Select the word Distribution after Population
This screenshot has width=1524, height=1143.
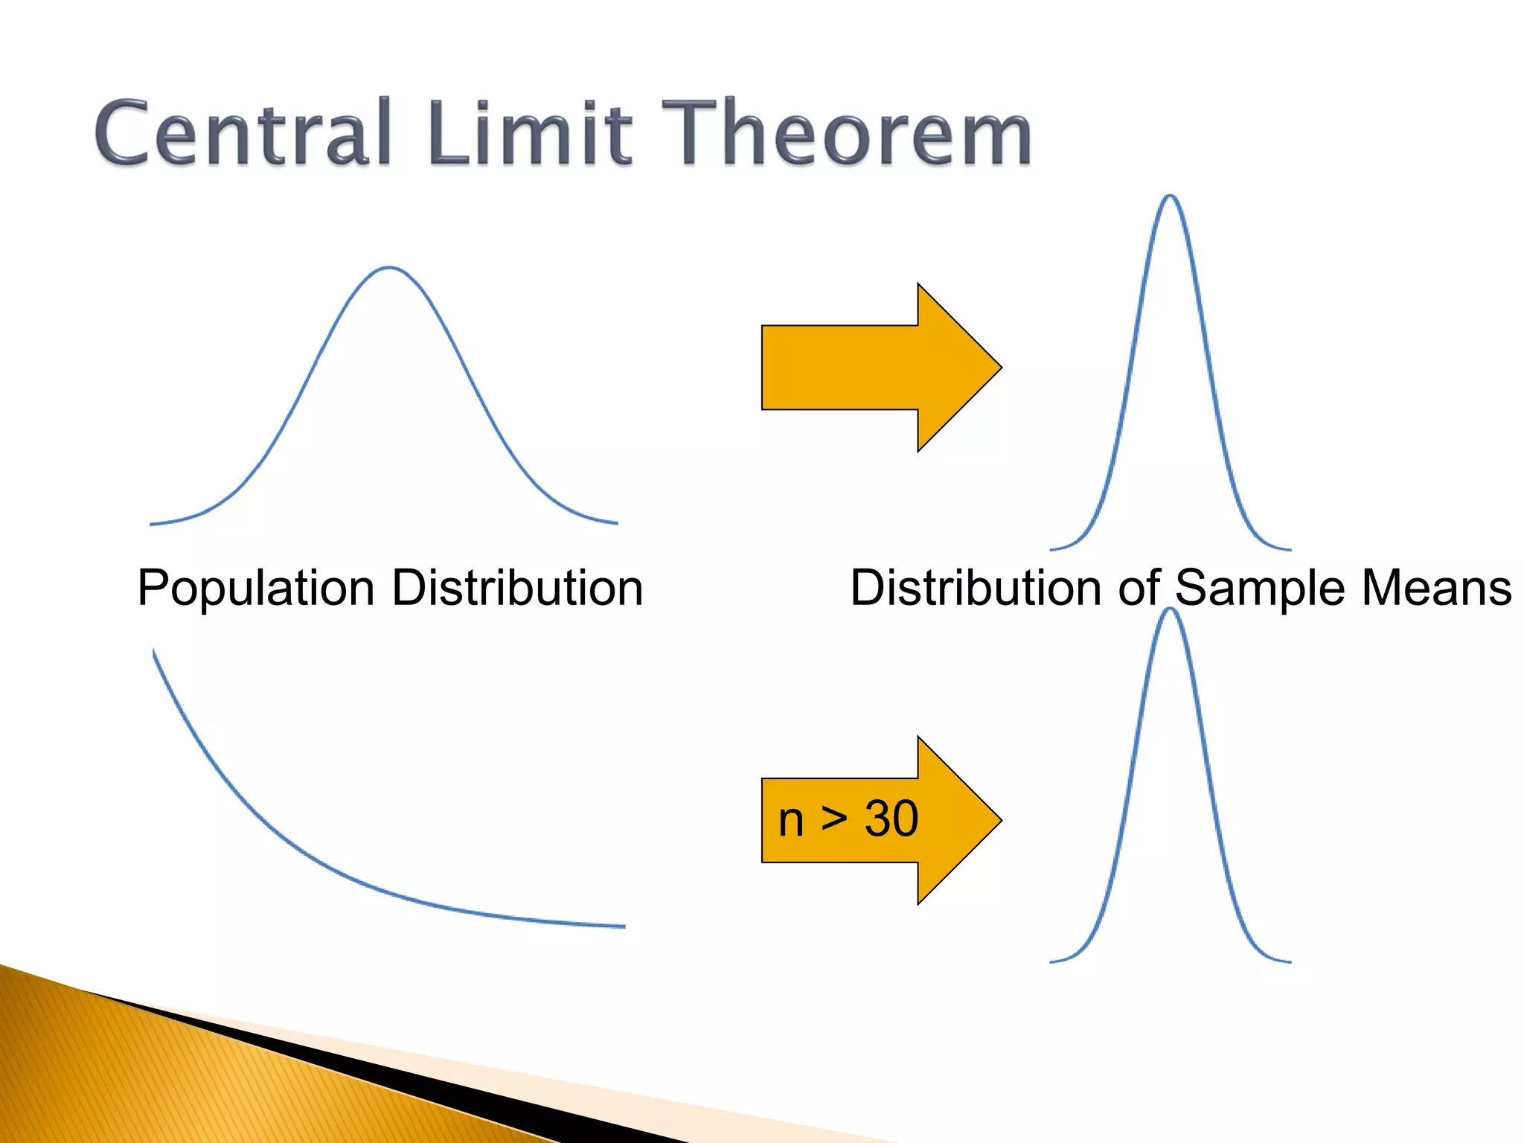pos(517,588)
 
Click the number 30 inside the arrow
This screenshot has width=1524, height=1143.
pos(891,819)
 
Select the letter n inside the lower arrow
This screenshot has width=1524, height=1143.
pos(790,821)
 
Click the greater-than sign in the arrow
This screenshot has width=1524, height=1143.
pos(833,819)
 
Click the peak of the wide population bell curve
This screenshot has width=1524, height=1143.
pos(388,267)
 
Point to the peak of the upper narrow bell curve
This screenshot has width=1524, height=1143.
pos(1170,196)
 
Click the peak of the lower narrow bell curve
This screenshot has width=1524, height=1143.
pos(1170,609)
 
